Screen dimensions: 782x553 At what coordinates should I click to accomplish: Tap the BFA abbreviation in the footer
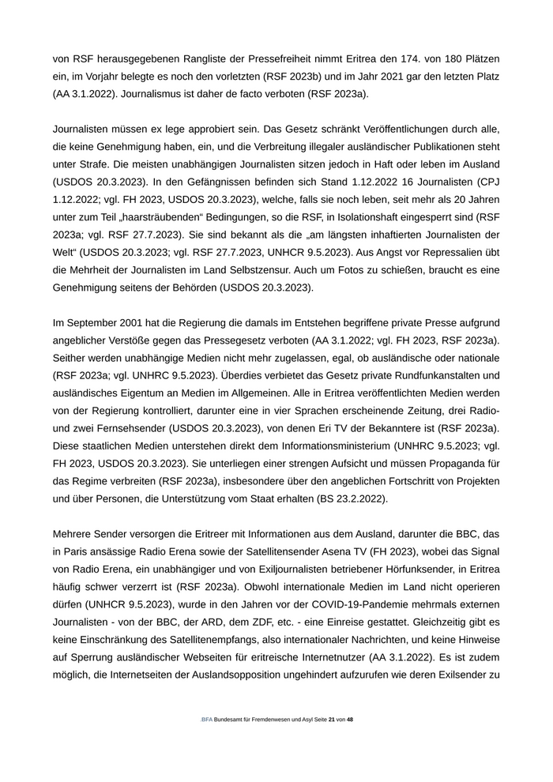point(207,720)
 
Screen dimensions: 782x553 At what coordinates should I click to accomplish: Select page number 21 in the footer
point(331,720)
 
